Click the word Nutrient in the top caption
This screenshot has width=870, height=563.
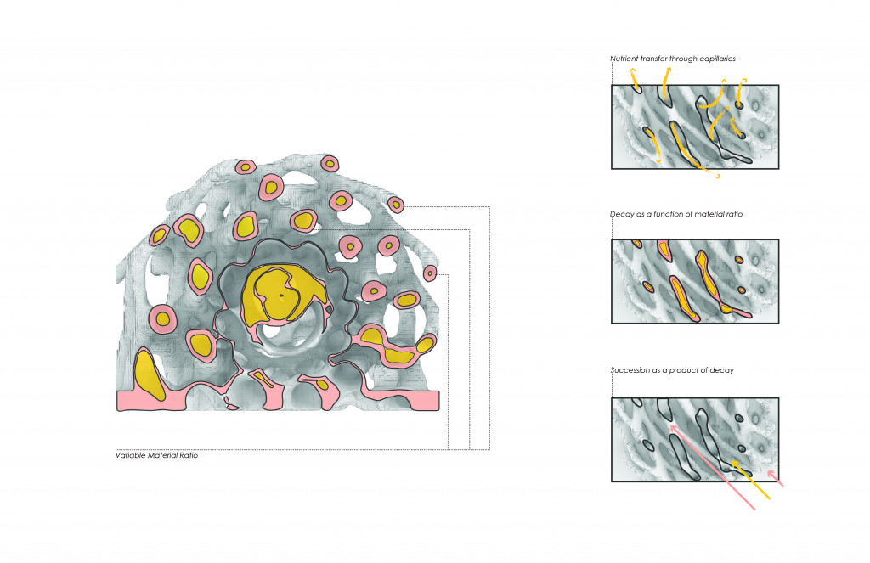[624, 59]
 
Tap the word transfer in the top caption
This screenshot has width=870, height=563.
[653, 59]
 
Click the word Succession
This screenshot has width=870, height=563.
[630, 370]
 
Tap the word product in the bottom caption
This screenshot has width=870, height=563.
[684, 370]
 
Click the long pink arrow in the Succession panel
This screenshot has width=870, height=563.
[713, 467]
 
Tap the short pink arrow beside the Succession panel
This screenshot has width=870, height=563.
[775, 479]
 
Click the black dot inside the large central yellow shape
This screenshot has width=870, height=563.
[281, 296]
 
